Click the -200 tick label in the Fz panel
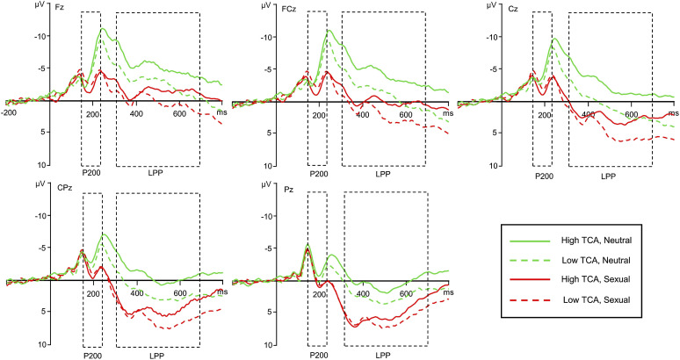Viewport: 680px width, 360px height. coord(10,112)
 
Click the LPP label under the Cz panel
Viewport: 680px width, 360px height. coord(609,176)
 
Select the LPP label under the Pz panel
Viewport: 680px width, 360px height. coord(383,354)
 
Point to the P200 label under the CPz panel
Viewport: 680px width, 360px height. coord(92,354)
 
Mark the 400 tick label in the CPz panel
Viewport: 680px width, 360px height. coord(134,292)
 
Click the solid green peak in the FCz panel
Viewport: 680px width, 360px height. coord(329,30)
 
